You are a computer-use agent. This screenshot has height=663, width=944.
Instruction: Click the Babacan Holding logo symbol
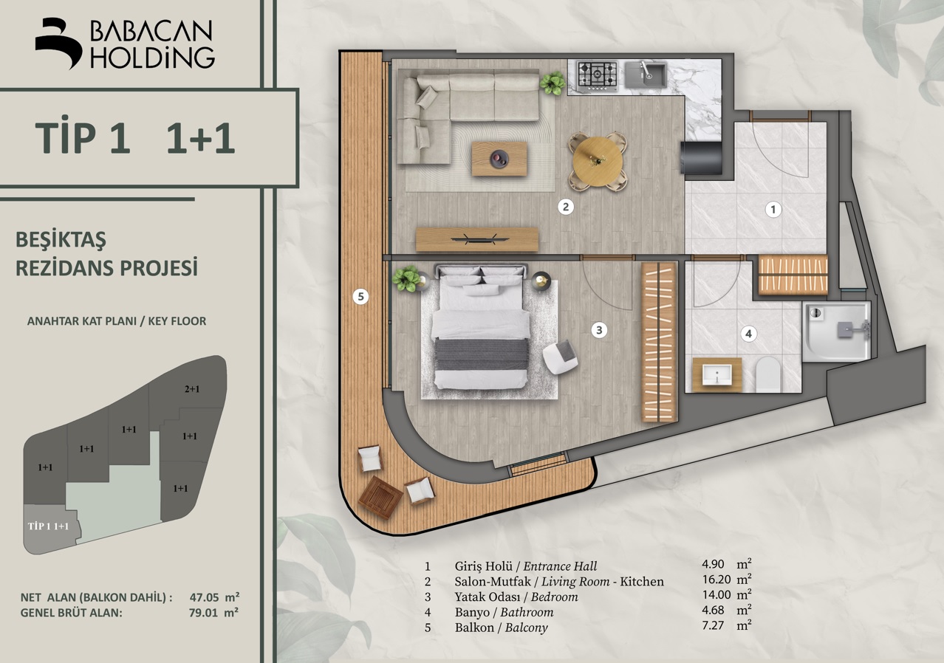coord(58,43)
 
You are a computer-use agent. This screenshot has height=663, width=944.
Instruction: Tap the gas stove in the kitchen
coord(597,75)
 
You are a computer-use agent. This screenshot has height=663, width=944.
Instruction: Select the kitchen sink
coord(645,75)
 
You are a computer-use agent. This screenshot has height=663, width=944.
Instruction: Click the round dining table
coord(598,162)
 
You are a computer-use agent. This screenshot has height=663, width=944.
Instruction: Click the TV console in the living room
coord(477,240)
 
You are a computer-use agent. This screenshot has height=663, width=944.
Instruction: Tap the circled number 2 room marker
coord(566,207)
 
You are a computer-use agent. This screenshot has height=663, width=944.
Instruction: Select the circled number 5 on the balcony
coord(360,297)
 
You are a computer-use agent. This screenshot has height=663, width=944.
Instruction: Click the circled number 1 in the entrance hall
coord(773,210)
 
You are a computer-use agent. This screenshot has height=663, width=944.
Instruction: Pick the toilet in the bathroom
coord(768,374)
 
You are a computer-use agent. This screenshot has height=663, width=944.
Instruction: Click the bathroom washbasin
coord(716,375)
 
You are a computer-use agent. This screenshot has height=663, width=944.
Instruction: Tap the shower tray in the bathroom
coord(836,331)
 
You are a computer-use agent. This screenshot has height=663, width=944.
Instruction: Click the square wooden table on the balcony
coord(380,498)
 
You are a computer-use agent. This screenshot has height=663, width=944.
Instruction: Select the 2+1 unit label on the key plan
coord(192,389)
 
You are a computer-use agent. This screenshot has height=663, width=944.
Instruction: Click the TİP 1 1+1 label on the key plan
coord(48,526)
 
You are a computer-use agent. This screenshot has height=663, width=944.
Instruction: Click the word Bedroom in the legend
coord(554,597)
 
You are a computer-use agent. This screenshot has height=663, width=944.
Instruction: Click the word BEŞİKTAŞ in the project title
coord(61,241)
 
